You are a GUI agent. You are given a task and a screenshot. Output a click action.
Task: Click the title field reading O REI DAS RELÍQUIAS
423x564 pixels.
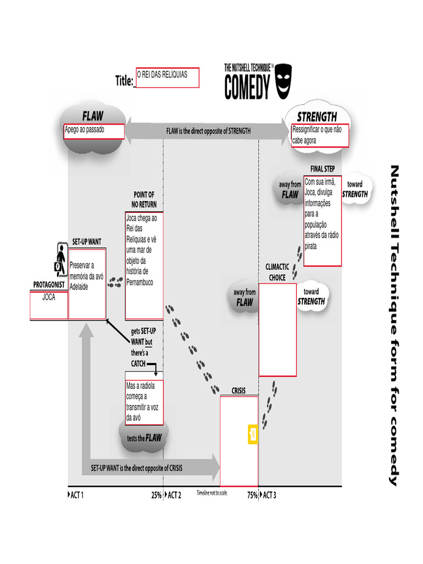[x=167, y=78]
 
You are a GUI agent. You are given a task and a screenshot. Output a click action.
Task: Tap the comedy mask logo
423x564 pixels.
[x=283, y=80]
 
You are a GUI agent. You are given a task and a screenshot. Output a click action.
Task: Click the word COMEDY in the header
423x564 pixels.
[x=247, y=87]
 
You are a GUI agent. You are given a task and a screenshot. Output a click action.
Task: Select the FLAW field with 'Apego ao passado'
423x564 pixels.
[x=94, y=132]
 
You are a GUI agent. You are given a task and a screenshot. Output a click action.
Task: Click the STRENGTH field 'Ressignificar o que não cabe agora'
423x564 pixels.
[x=320, y=136]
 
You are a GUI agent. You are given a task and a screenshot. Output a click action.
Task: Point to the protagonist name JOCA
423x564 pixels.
[x=48, y=297]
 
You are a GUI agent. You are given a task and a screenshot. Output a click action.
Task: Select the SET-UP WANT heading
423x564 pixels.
[x=87, y=242]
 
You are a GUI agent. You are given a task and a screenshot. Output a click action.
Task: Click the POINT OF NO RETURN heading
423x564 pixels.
[x=144, y=199]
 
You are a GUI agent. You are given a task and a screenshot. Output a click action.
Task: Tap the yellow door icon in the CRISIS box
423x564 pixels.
[x=253, y=433]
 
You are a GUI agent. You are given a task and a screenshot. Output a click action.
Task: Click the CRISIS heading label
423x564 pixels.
[x=238, y=391]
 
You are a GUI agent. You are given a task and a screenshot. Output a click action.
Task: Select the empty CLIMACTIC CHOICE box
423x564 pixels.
[x=278, y=329]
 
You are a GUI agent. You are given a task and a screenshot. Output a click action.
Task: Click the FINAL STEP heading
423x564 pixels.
[x=322, y=169]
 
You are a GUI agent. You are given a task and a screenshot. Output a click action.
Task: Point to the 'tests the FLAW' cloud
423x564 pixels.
[x=144, y=438]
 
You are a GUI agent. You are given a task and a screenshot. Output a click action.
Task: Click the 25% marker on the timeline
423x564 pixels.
[x=156, y=495]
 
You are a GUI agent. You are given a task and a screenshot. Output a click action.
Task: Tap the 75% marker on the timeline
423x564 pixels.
[x=252, y=495]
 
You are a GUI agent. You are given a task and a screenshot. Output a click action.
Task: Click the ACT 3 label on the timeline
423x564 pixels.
[x=269, y=495]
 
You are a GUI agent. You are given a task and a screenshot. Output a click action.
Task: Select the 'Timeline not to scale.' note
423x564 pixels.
[x=212, y=493]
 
